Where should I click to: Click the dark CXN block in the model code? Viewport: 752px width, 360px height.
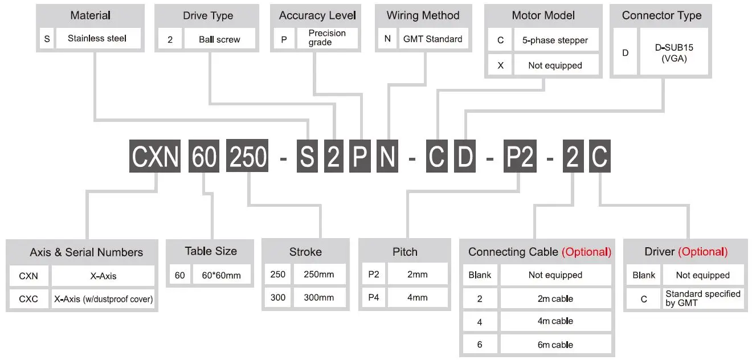155,156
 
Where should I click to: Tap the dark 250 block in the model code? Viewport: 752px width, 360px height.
248,156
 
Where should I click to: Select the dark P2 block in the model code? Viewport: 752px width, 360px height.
520,156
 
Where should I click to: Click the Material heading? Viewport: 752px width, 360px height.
90,15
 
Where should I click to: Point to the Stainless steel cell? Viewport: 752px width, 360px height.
97,39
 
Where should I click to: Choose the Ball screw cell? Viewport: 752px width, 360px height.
219,39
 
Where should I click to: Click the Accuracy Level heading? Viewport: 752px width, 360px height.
317,15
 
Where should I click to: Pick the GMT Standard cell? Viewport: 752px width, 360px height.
432,39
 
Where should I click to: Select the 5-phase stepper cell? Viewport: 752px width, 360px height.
555,40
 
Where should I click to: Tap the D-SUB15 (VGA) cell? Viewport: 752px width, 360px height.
674,53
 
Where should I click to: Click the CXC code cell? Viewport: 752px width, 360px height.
28,298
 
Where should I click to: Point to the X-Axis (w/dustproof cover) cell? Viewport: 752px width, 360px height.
103,298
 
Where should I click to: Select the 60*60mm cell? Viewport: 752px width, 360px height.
222,275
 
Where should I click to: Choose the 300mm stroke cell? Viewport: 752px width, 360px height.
319,297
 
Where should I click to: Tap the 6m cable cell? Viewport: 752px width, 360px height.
555,345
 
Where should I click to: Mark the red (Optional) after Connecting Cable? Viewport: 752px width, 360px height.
586,252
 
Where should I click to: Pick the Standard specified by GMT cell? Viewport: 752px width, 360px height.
702,298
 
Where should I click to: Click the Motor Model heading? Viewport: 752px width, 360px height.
543,15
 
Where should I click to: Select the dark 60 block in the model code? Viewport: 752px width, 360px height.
203,156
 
